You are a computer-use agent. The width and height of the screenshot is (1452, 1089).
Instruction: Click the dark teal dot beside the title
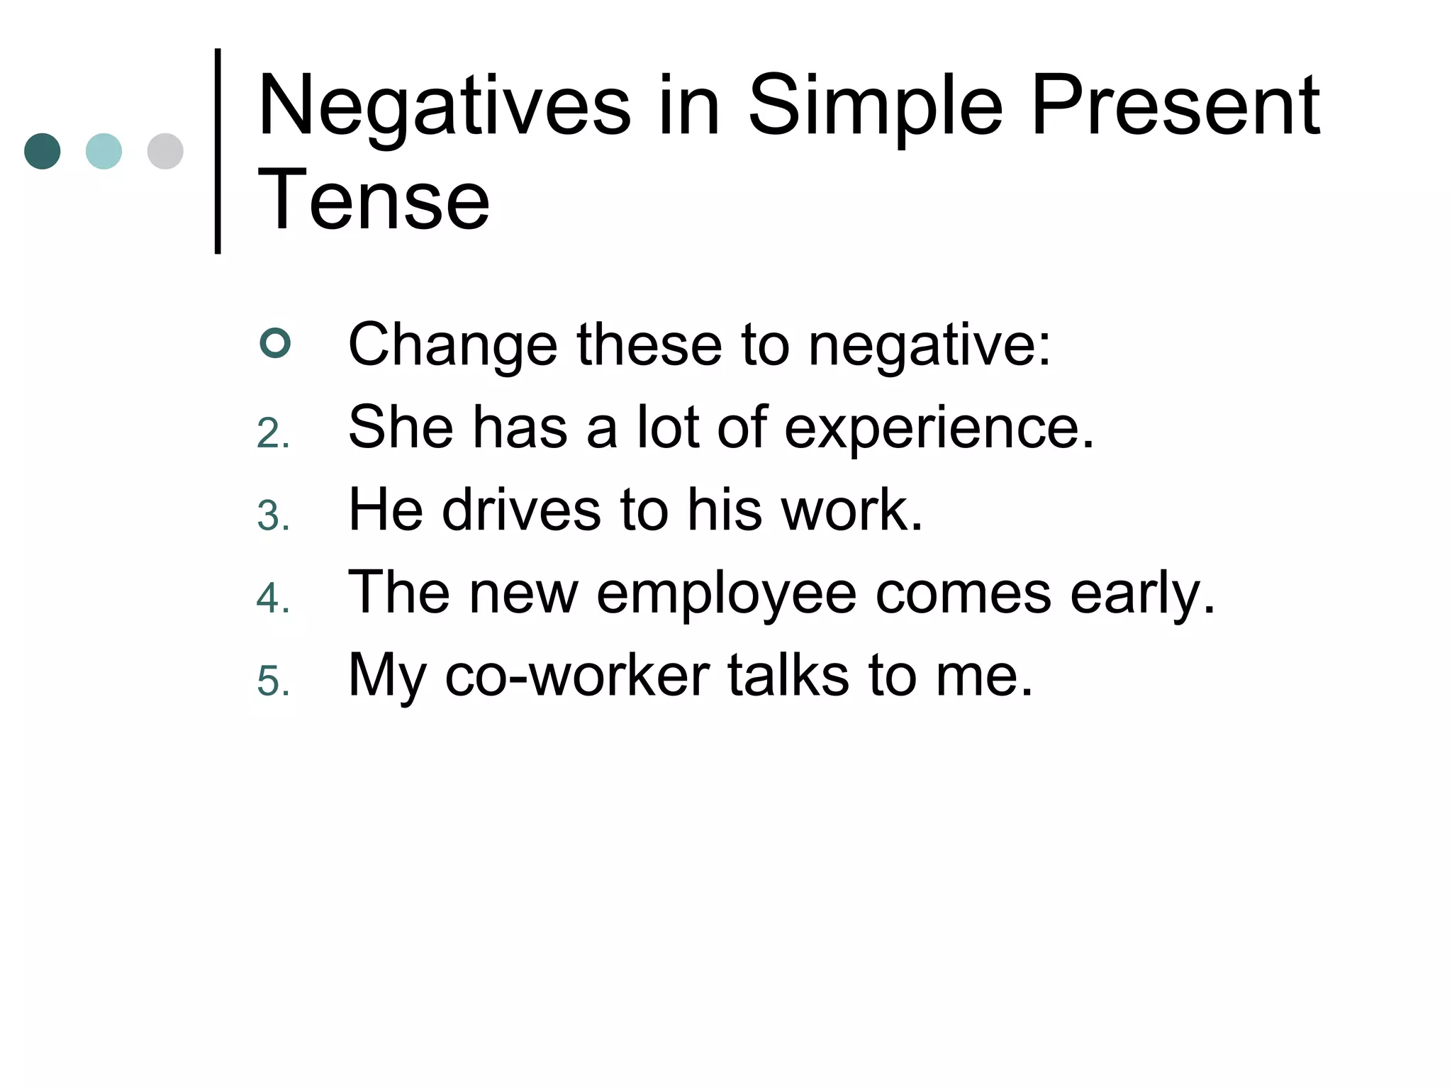[x=43, y=151]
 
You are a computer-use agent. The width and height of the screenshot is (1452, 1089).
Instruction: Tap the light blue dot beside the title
[x=104, y=151]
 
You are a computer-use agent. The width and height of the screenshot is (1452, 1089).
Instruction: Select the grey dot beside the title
[x=165, y=151]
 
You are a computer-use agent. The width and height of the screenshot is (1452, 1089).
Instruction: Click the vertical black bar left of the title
[x=218, y=151]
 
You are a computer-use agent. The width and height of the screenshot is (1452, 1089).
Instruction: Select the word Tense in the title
[x=374, y=201]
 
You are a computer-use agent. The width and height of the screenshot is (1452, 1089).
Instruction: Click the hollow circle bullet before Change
[x=275, y=344]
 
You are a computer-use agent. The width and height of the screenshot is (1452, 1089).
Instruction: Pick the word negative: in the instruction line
[x=929, y=345]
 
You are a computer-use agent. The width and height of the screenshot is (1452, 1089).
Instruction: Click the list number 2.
[x=273, y=433]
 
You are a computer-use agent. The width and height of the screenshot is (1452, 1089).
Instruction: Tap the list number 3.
[x=273, y=515]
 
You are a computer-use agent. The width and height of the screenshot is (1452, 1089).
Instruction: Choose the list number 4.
[x=273, y=598]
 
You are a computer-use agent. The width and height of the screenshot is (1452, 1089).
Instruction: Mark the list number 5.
[x=273, y=681]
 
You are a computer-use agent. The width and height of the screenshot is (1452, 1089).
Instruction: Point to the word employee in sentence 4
[x=727, y=593]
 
